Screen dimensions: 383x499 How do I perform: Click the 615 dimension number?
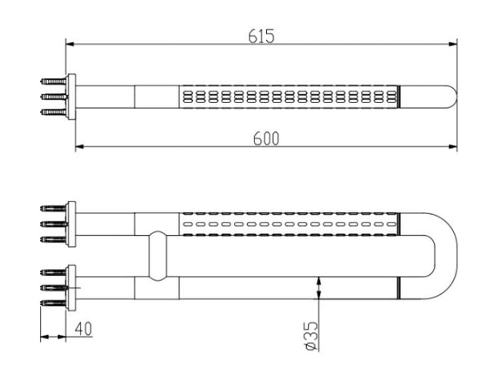(x=261, y=36)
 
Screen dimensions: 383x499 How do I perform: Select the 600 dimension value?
(x=266, y=138)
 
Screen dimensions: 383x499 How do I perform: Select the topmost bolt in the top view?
(x=54, y=81)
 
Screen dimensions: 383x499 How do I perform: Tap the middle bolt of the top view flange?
(x=54, y=97)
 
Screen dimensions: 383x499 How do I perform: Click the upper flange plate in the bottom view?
(x=71, y=223)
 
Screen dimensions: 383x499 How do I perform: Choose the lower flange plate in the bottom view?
(x=71, y=287)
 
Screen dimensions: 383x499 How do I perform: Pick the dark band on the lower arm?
(x=398, y=288)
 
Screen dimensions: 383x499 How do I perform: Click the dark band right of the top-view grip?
(x=399, y=97)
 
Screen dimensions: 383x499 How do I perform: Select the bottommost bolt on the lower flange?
(x=54, y=303)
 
